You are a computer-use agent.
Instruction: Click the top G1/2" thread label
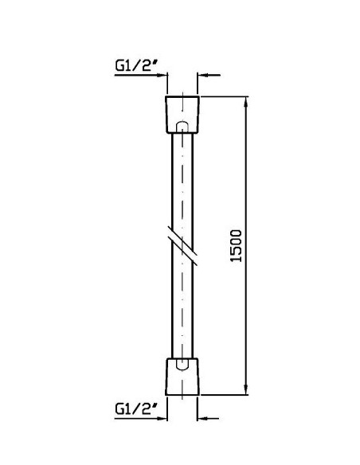pos(136,65)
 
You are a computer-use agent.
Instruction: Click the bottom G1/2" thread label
pos(136,408)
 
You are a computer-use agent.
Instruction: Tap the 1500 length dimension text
pos(237,245)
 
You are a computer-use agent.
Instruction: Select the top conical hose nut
pos(182,115)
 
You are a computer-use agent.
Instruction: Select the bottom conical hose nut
pos(182,377)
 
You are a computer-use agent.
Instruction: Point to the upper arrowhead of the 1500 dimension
pos(245,102)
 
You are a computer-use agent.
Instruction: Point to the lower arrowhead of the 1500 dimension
pos(245,389)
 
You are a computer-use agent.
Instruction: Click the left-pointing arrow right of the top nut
pos(209,76)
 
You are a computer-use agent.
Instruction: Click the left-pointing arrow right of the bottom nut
pos(208,419)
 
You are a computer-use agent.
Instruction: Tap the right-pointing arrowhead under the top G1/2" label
pos(162,76)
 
